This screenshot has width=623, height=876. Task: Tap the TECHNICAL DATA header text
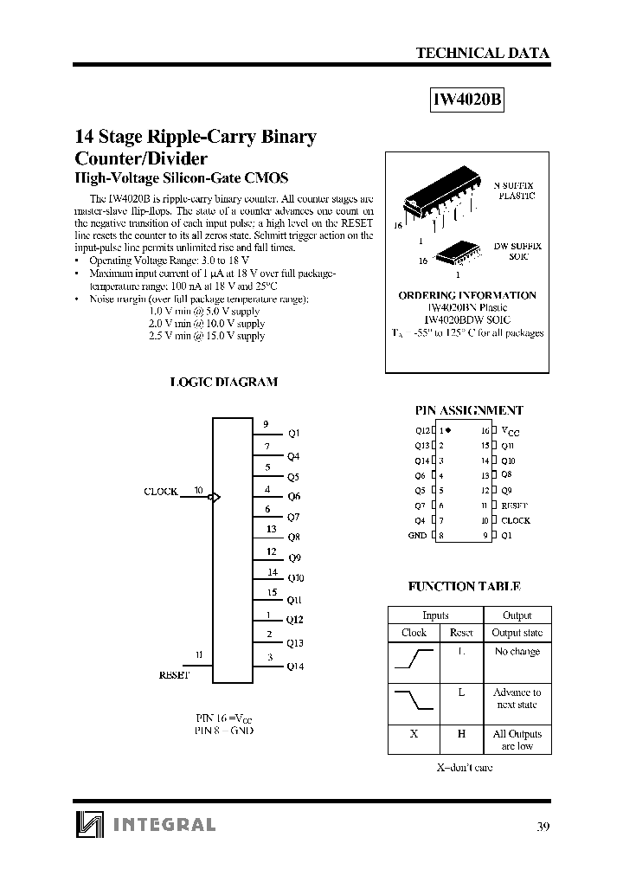tap(482, 53)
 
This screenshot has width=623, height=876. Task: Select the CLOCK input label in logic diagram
tap(160, 492)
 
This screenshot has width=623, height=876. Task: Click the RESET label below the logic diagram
tap(174, 674)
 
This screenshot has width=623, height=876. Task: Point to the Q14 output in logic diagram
tap(296, 667)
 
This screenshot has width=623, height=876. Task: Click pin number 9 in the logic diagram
tap(267, 423)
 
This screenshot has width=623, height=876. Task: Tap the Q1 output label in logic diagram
tap(294, 433)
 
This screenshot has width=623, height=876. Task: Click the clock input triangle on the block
tap(216, 497)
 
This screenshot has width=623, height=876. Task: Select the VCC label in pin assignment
tap(511, 431)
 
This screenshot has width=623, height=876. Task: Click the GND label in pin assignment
tap(417, 536)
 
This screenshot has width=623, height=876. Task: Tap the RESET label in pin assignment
tap(514, 506)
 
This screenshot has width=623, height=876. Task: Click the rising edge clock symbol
tap(414, 660)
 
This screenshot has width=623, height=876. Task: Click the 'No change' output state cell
tap(517, 652)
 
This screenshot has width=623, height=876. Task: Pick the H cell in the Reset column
tap(461, 734)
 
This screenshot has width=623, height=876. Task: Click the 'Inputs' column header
tap(435, 615)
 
